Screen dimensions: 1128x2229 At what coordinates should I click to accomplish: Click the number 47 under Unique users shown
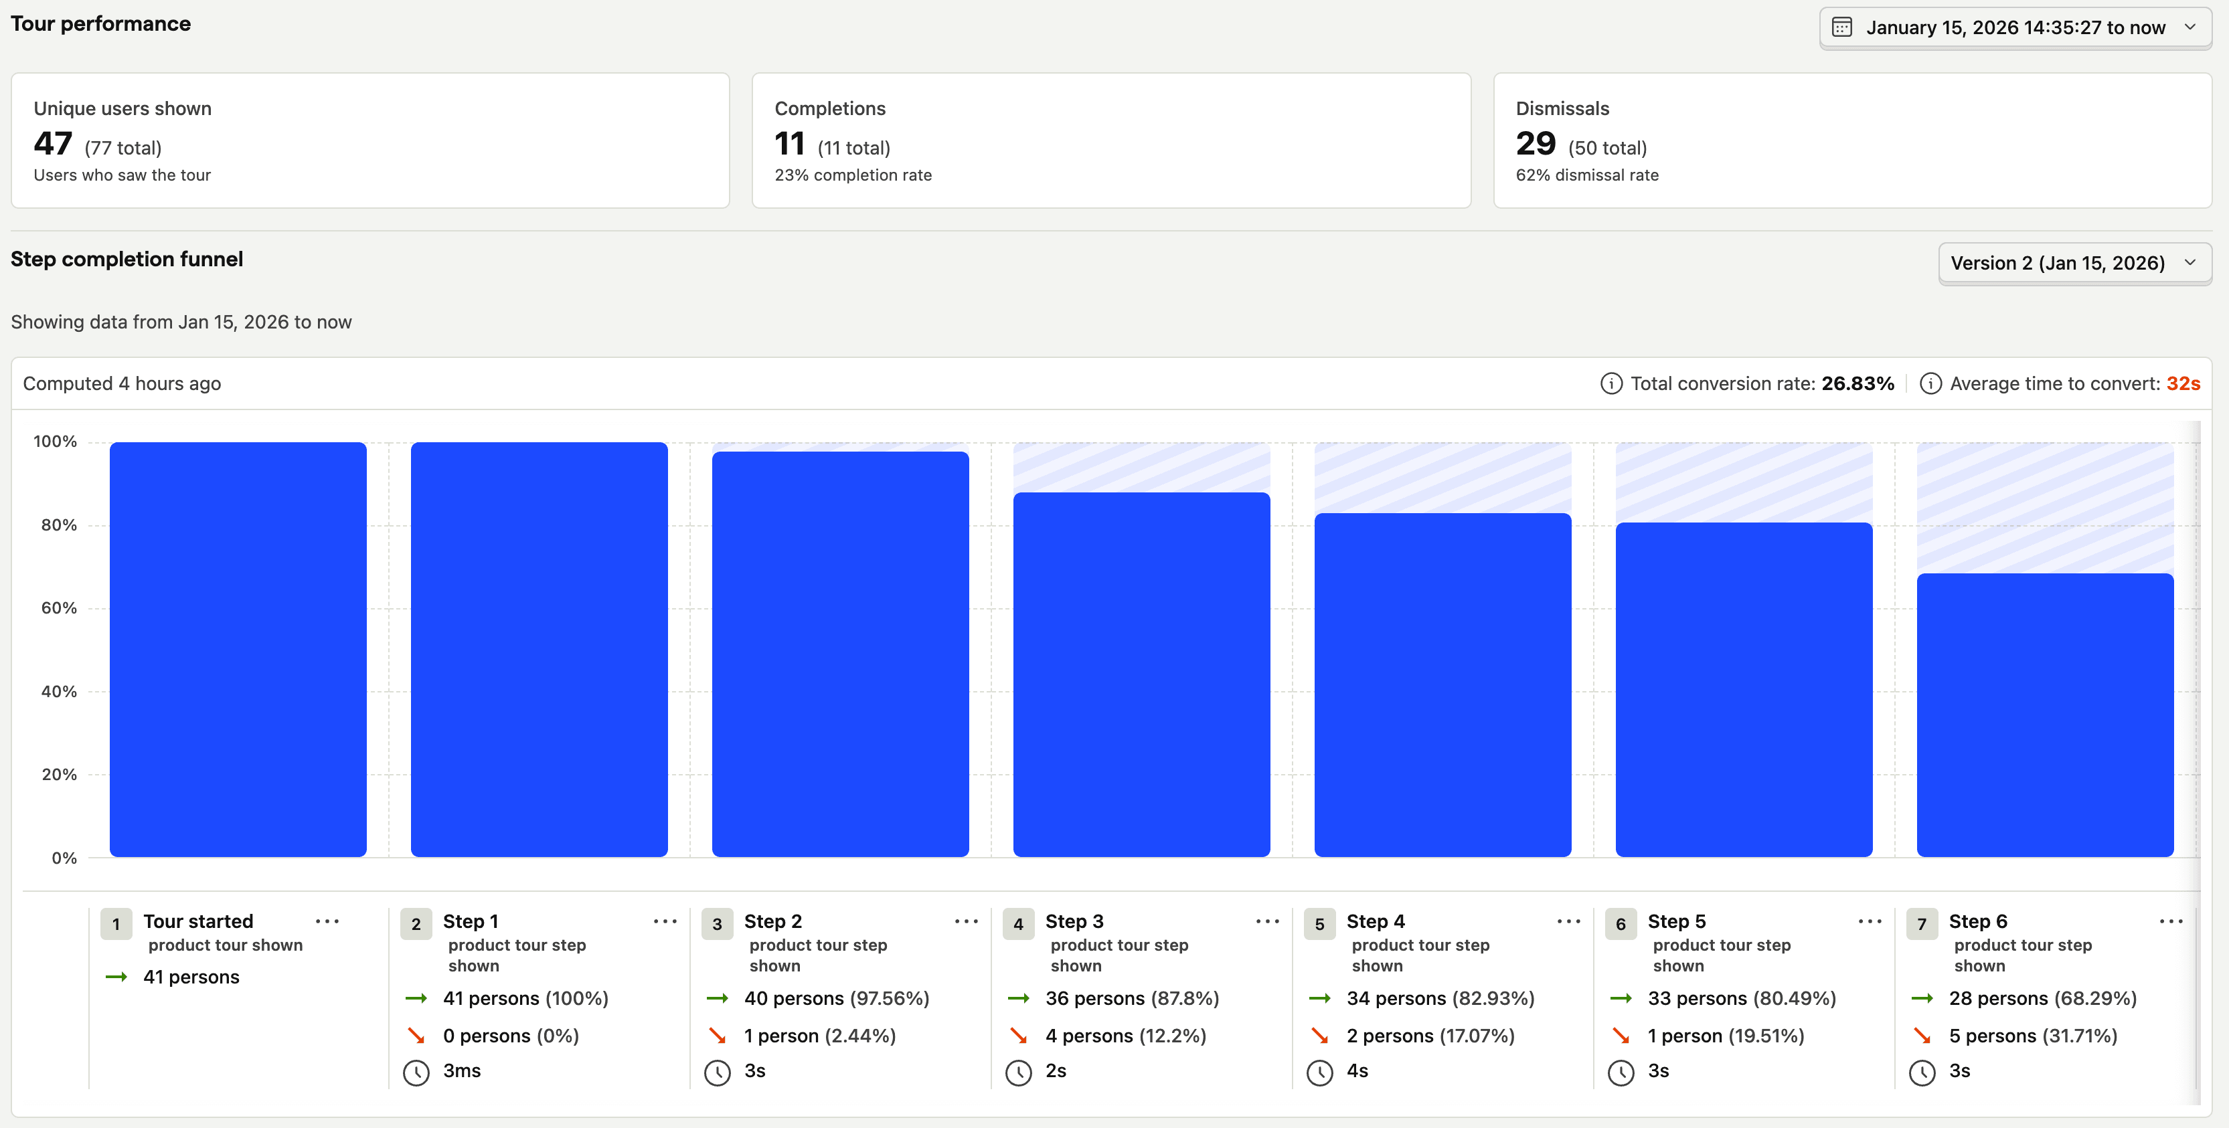(x=53, y=144)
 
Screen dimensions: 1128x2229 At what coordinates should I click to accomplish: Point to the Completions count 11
(x=789, y=144)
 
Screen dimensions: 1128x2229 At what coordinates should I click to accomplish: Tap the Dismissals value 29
(x=1535, y=144)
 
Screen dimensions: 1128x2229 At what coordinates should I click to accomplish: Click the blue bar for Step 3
(x=1141, y=674)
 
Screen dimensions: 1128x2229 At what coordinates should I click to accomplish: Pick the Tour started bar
(x=238, y=649)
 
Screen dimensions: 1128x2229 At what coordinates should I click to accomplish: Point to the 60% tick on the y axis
(x=59, y=608)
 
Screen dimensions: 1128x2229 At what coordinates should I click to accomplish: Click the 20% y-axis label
(x=59, y=774)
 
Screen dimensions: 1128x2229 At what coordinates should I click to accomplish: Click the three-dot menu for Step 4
(x=1568, y=921)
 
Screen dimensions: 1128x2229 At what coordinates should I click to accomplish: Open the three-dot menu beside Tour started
(x=327, y=921)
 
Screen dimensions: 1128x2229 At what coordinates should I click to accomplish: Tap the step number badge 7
(x=1921, y=924)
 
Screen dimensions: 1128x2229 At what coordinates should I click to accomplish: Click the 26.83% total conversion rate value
(x=1857, y=383)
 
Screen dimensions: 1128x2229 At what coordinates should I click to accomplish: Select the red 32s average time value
(x=2182, y=383)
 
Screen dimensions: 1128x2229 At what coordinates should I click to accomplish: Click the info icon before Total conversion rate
(x=1611, y=383)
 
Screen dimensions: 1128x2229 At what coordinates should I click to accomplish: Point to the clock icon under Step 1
(x=416, y=1072)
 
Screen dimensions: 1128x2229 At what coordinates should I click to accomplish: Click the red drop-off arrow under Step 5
(x=1621, y=1036)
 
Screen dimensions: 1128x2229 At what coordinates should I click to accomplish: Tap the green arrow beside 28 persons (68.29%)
(x=1922, y=998)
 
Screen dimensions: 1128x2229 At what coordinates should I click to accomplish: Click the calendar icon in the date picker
(x=1841, y=27)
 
